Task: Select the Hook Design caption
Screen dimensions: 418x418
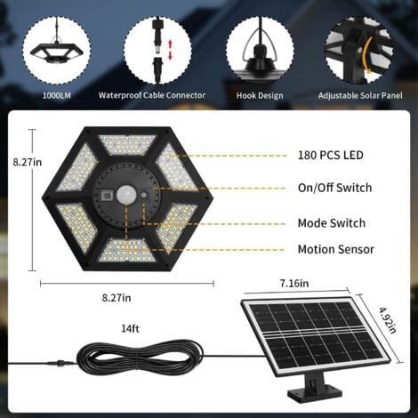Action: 259,93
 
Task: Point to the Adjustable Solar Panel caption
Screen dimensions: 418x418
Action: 359,93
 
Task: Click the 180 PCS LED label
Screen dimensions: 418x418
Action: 331,155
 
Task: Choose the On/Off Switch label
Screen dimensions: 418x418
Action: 334,188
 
